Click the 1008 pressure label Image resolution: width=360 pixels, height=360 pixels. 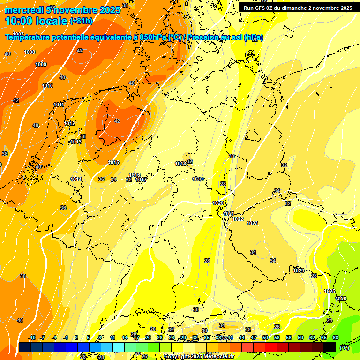[x=30, y=52]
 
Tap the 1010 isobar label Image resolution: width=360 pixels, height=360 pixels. [x=47, y=86]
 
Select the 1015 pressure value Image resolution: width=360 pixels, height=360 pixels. [x=113, y=162]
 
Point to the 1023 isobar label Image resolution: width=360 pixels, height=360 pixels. [x=252, y=223]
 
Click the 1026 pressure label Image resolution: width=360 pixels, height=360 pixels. [x=341, y=299]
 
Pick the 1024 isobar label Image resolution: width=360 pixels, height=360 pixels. [x=299, y=270]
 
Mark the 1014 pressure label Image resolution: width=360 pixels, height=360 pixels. [x=76, y=179]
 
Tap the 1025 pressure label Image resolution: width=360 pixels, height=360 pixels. [x=330, y=291]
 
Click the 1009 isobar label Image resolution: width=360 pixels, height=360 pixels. [x=41, y=64]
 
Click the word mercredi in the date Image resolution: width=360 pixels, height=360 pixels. [x=24, y=10]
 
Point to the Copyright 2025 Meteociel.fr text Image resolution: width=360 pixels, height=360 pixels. [x=198, y=356]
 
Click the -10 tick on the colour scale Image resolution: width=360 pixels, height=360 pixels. [x=32, y=337]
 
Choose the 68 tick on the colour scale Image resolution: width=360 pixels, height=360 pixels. [x=336, y=337]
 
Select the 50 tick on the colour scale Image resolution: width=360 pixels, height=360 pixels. [x=265, y=337]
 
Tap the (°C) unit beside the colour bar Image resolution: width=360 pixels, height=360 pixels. [x=345, y=347]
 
